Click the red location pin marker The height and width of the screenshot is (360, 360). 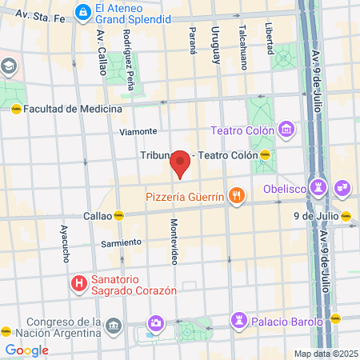tap(180, 162)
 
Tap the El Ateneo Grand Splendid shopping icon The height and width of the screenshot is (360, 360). tap(82, 12)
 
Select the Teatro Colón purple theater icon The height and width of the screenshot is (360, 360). tap(287, 130)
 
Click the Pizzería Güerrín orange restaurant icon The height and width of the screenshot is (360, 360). tap(236, 194)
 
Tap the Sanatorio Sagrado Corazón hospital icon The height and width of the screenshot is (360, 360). tap(78, 283)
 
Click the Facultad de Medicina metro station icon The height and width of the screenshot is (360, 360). tap(15, 109)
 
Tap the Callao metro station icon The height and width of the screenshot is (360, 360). tap(118, 215)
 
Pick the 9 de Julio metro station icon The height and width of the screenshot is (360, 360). tap(346, 215)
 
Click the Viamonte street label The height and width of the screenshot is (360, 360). tap(138, 131)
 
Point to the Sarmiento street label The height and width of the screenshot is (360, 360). tap(121, 242)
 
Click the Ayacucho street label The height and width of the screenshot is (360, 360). tap(65, 242)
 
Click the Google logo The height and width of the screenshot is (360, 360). tap(26, 350)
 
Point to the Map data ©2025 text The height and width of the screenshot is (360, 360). tap(324, 354)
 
